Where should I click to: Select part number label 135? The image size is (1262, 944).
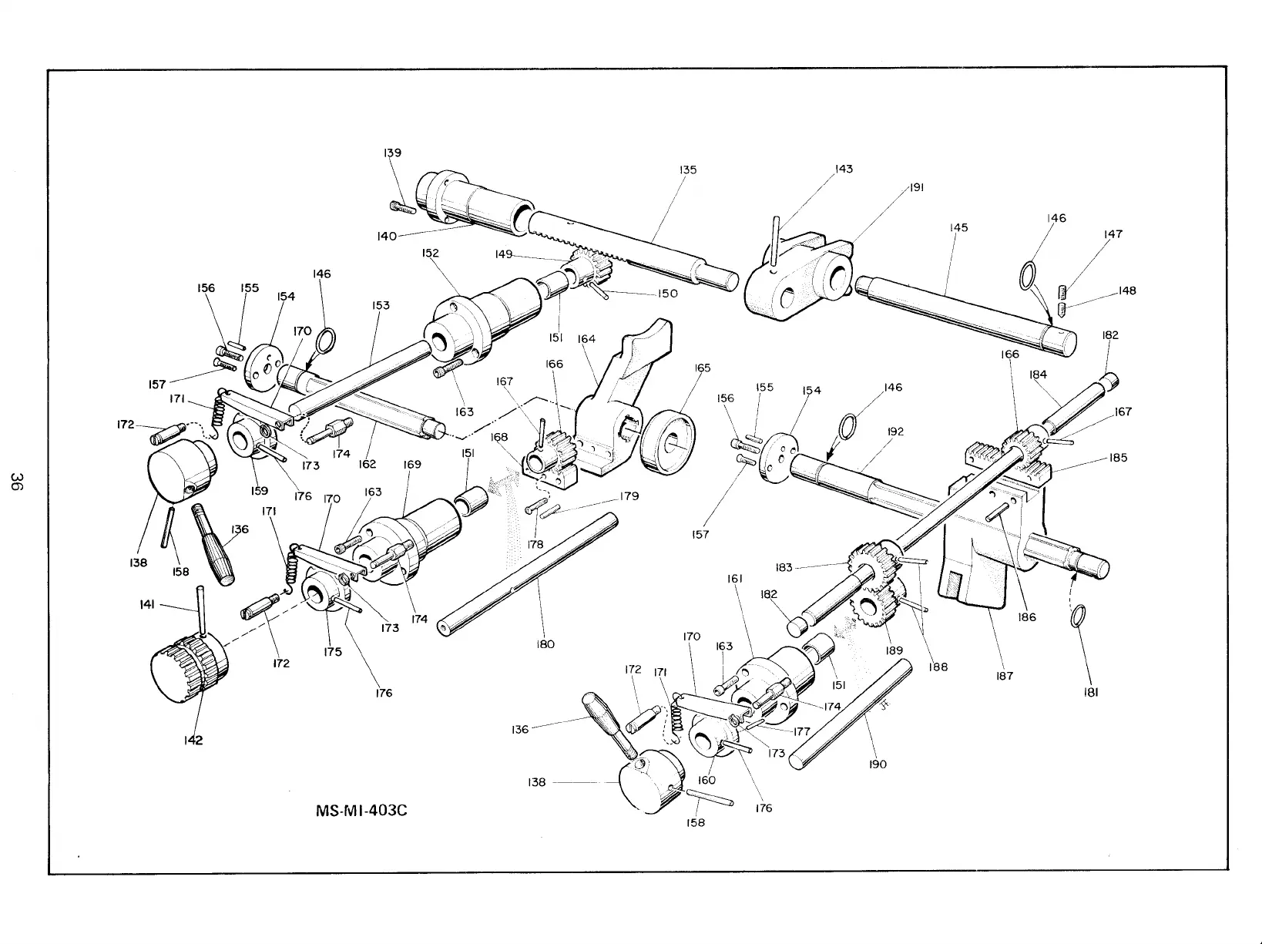point(688,170)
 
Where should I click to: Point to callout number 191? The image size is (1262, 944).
point(916,187)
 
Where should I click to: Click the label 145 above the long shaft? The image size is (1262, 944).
point(959,227)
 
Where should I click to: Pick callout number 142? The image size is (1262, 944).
point(193,741)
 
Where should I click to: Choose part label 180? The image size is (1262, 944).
point(545,644)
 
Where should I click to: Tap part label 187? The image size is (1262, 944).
point(1005,676)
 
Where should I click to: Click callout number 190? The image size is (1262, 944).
point(878,764)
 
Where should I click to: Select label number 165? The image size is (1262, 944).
point(702,368)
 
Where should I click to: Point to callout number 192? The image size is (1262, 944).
point(895,432)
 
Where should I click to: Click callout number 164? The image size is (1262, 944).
point(586,339)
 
